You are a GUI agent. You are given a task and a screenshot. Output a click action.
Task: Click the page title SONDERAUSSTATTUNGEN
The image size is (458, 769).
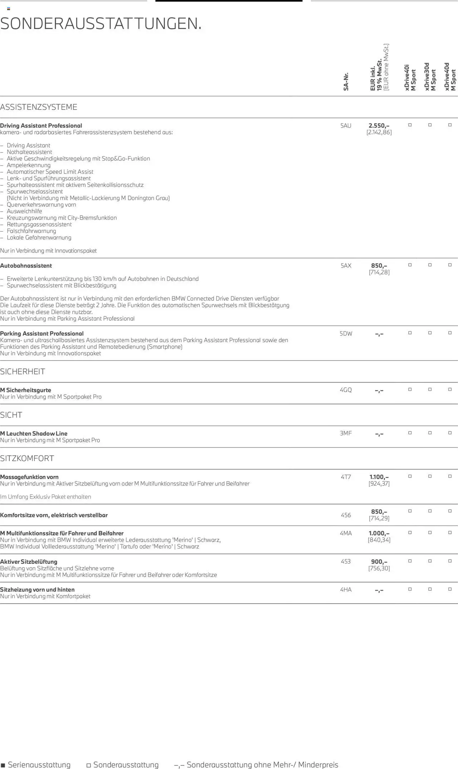tap(101, 24)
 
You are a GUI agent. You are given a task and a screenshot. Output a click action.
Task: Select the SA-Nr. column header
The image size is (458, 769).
tap(346, 82)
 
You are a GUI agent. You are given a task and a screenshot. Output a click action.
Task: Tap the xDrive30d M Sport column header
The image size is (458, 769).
tap(430, 77)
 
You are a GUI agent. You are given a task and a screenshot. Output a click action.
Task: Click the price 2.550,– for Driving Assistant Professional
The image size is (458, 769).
tap(379, 126)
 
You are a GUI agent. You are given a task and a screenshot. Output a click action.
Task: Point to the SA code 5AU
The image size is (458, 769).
tap(346, 126)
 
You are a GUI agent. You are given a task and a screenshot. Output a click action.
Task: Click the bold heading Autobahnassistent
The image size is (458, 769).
tap(26, 266)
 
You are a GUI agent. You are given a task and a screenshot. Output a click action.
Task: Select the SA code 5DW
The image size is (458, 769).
tap(346, 334)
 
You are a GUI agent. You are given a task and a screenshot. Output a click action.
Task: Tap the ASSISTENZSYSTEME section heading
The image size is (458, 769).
tap(39, 107)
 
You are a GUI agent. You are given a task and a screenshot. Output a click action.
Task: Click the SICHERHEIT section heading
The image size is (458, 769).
tap(23, 372)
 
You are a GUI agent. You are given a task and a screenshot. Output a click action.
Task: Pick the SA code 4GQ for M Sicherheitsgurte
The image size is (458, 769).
tap(346, 390)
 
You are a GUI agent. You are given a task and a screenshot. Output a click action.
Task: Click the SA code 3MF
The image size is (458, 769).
tap(346, 433)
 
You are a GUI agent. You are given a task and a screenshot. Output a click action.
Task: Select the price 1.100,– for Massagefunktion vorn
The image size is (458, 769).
tap(379, 477)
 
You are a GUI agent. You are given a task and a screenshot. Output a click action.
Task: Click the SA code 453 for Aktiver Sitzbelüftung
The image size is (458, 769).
tap(346, 561)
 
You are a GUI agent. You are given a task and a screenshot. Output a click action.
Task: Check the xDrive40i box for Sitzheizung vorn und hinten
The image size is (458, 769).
tap(410, 589)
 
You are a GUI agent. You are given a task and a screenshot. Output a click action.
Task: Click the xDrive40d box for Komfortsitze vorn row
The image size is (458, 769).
tap(450, 511)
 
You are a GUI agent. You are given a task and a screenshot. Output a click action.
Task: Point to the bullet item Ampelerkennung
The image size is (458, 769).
tap(29, 165)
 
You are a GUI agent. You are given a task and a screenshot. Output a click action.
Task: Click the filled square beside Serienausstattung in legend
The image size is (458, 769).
tap(3, 765)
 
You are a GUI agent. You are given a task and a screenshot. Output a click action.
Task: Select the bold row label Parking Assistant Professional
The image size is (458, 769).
tap(42, 334)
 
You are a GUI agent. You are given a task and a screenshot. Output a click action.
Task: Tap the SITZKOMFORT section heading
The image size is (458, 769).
tap(27, 458)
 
